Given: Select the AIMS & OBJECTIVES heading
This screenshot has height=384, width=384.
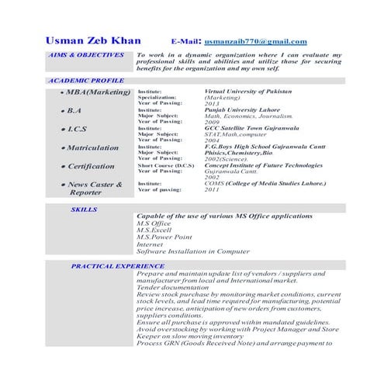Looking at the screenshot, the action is point(85,55).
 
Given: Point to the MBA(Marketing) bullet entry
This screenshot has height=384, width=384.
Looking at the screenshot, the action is point(96,92).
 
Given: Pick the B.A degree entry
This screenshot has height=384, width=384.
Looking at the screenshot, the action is point(74,111).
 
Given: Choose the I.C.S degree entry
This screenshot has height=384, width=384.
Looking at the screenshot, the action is point(76,129).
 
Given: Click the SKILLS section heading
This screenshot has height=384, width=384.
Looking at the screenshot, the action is point(85,209).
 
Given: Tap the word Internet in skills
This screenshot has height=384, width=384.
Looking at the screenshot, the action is point(150,244).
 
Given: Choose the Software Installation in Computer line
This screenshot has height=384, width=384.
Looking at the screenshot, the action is point(192,251).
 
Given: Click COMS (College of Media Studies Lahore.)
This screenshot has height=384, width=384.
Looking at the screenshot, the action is point(265,183).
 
